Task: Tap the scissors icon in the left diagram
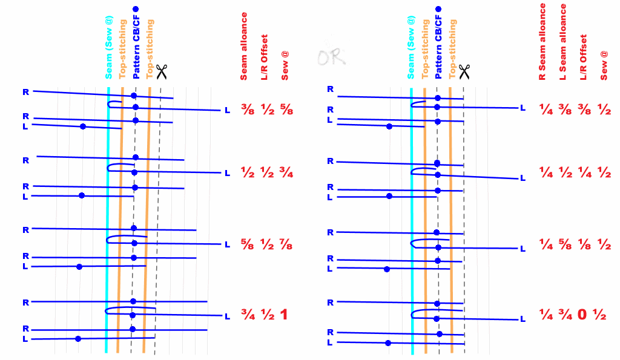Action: (161, 73)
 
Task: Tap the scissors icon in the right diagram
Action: (464, 71)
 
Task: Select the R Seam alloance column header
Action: (543, 42)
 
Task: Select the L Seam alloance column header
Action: (563, 42)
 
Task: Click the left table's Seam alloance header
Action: (245, 46)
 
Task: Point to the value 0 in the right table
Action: (582, 315)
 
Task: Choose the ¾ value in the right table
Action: (564, 315)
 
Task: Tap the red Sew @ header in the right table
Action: (604, 66)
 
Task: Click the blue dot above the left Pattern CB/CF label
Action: (136, 9)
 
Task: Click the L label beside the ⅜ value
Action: (228, 110)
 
